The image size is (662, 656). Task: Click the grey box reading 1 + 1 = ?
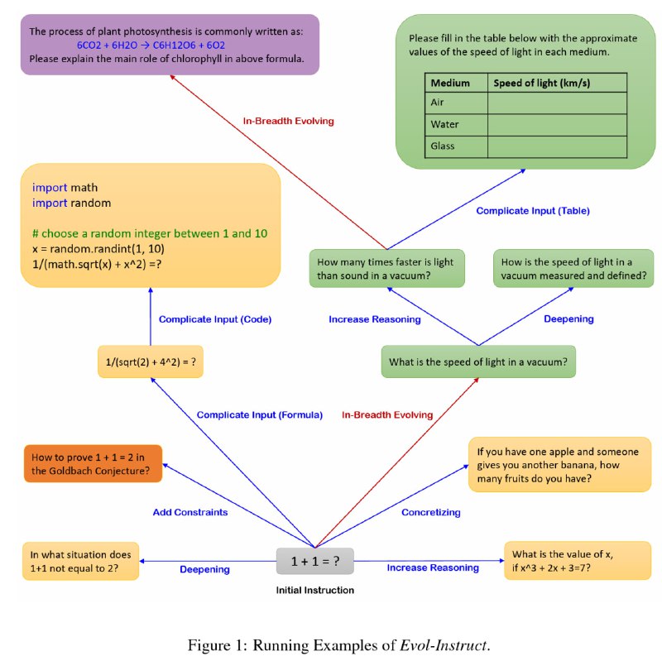point(314,561)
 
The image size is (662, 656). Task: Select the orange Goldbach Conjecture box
point(92,464)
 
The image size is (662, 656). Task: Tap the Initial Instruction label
point(314,590)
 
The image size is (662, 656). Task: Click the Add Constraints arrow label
point(190,512)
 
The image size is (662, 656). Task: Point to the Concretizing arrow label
point(431,512)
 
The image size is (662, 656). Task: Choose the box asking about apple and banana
point(559,464)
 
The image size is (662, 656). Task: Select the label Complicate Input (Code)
point(215,319)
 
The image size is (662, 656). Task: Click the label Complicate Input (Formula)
point(260,414)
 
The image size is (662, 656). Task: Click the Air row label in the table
point(439,103)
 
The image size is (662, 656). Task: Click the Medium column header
point(450,83)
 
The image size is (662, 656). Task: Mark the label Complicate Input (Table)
point(532,210)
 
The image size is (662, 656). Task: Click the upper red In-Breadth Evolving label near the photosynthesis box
point(288,121)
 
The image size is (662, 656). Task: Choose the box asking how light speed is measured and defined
point(573,269)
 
